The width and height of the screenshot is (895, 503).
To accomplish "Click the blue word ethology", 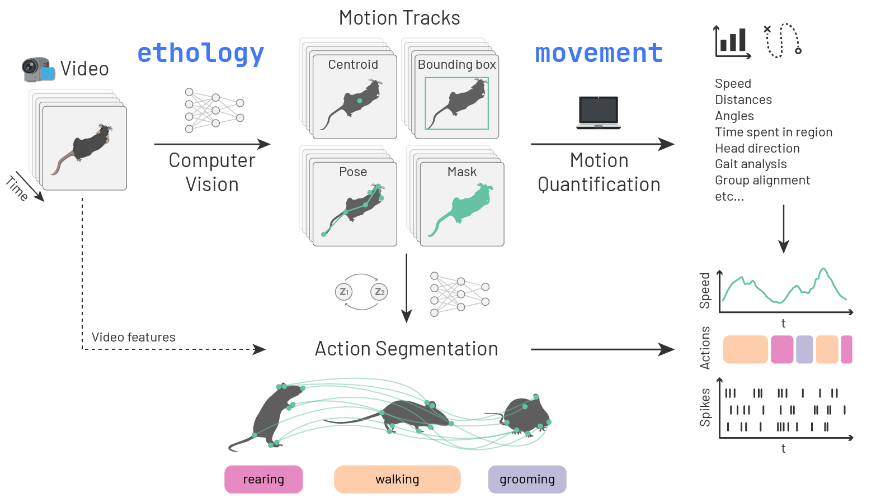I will pyautogui.click(x=200, y=54).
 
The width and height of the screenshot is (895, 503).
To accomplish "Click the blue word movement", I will pyautogui.click(x=599, y=53).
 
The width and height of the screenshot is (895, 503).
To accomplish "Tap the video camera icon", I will pyautogui.click(x=38, y=69).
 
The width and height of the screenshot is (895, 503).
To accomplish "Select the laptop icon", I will pyautogui.click(x=599, y=112).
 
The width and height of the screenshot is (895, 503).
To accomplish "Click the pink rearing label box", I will pyautogui.click(x=263, y=479).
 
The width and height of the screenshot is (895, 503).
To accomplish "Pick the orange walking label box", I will pyautogui.click(x=397, y=479).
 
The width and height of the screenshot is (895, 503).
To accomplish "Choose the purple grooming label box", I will pyautogui.click(x=527, y=479).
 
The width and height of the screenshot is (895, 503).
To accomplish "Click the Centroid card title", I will pyautogui.click(x=353, y=65).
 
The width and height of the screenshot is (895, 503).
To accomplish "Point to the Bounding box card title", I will pyautogui.click(x=456, y=65).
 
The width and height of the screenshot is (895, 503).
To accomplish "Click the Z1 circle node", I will pyautogui.click(x=343, y=292).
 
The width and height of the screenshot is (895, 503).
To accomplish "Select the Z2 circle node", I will pyautogui.click(x=379, y=292).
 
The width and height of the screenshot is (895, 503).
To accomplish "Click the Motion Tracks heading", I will pyautogui.click(x=399, y=18).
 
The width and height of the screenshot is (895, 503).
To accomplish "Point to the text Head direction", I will pyautogui.click(x=757, y=148).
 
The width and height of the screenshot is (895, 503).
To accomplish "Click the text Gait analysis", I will pyautogui.click(x=751, y=164).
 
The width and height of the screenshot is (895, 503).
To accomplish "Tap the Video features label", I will pyautogui.click(x=133, y=337).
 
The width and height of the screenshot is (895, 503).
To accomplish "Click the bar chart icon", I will pyautogui.click(x=732, y=41).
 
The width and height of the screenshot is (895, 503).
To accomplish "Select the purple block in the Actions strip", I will pyautogui.click(x=804, y=350).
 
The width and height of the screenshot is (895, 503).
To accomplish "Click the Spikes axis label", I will pyautogui.click(x=705, y=408).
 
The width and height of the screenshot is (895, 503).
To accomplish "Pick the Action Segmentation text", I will pyautogui.click(x=406, y=349).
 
